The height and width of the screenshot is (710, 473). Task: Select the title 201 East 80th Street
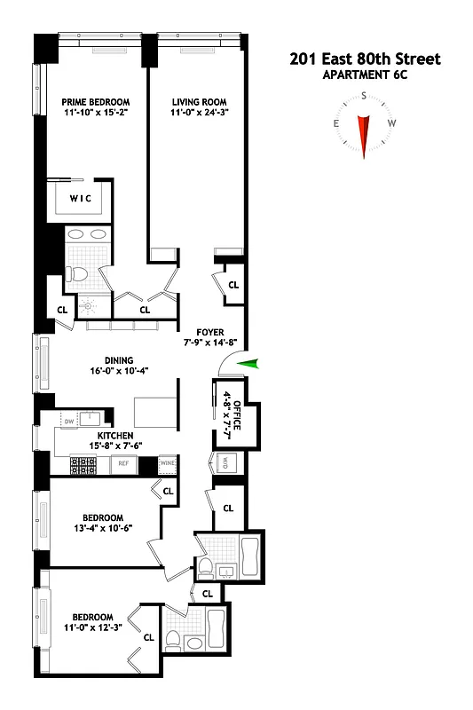click(x=365, y=59)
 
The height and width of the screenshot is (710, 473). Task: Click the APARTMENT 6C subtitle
click(x=365, y=75)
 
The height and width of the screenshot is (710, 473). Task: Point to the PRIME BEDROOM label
click(x=90, y=102)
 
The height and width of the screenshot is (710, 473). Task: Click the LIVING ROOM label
click(x=194, y=102)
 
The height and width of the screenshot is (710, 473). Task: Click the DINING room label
click(x=105, y=359)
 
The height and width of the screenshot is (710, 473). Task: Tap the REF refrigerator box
click(x=123, y=462)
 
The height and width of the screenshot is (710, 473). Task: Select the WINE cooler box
click(x=168, y=462)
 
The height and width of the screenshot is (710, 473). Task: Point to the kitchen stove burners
click(x=83, y=462)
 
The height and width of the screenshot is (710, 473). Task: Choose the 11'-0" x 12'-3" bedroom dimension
click(x=92, y=628)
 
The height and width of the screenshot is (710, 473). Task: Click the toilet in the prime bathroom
click(x=75, y=273)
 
